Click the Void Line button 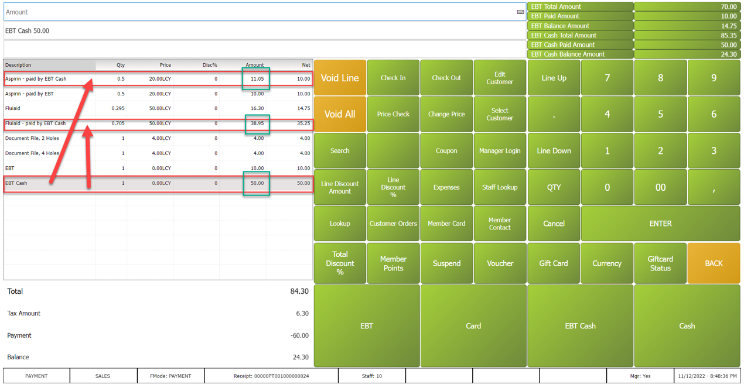340,78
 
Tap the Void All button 340,114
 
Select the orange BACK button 714,263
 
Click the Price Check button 393,114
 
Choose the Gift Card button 554,263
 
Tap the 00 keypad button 660,187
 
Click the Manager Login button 500,151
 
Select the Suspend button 446,263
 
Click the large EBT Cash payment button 580,326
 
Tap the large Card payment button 473,326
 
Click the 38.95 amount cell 257,123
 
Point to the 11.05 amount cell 257,78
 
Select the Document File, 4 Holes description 32,153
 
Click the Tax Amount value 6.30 302,314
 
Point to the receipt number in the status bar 271,376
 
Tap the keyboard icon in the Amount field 520,12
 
